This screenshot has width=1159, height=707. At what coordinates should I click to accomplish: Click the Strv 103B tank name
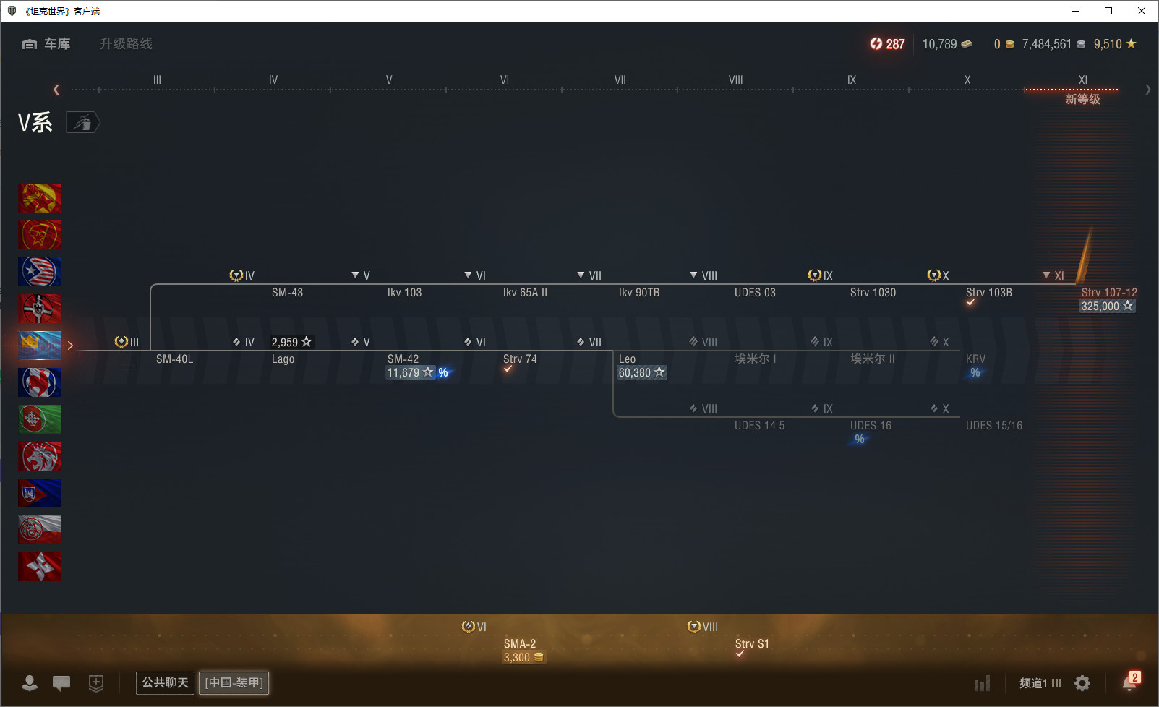point(988,292)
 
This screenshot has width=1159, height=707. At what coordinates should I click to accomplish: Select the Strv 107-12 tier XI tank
point(1109,292)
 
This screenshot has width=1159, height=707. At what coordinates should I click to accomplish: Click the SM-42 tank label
point(403,359)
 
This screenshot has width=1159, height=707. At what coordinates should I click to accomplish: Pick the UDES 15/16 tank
point(993,425)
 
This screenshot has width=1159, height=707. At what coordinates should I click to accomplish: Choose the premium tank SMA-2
point(519,643)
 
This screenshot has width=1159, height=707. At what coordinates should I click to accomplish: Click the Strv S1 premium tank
point(751,643)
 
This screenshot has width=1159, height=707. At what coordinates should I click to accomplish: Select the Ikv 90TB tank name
point(638,292)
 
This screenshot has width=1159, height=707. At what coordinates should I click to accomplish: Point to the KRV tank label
point(975,359)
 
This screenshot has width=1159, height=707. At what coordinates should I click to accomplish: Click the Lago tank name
point(283,359)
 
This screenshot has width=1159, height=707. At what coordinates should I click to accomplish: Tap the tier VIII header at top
point(735,80)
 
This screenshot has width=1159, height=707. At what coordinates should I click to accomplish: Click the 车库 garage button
point(46,44)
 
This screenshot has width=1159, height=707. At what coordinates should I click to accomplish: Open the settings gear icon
point(1082,683)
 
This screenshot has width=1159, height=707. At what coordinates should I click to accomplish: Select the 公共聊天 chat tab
point(165,682)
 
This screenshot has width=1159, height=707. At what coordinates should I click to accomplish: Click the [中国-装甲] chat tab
point(234,682)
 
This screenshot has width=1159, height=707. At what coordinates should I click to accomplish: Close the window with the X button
point(1141,11)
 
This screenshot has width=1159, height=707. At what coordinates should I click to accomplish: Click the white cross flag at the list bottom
point(40,566)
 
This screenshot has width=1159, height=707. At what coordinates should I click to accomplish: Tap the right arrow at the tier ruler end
point(1147,90)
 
